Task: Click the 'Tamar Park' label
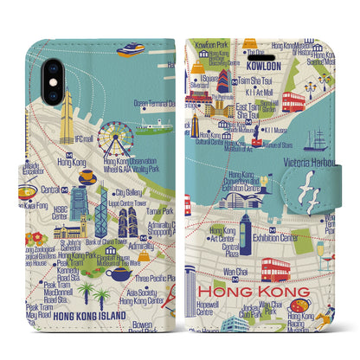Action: [x=159, y=210]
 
